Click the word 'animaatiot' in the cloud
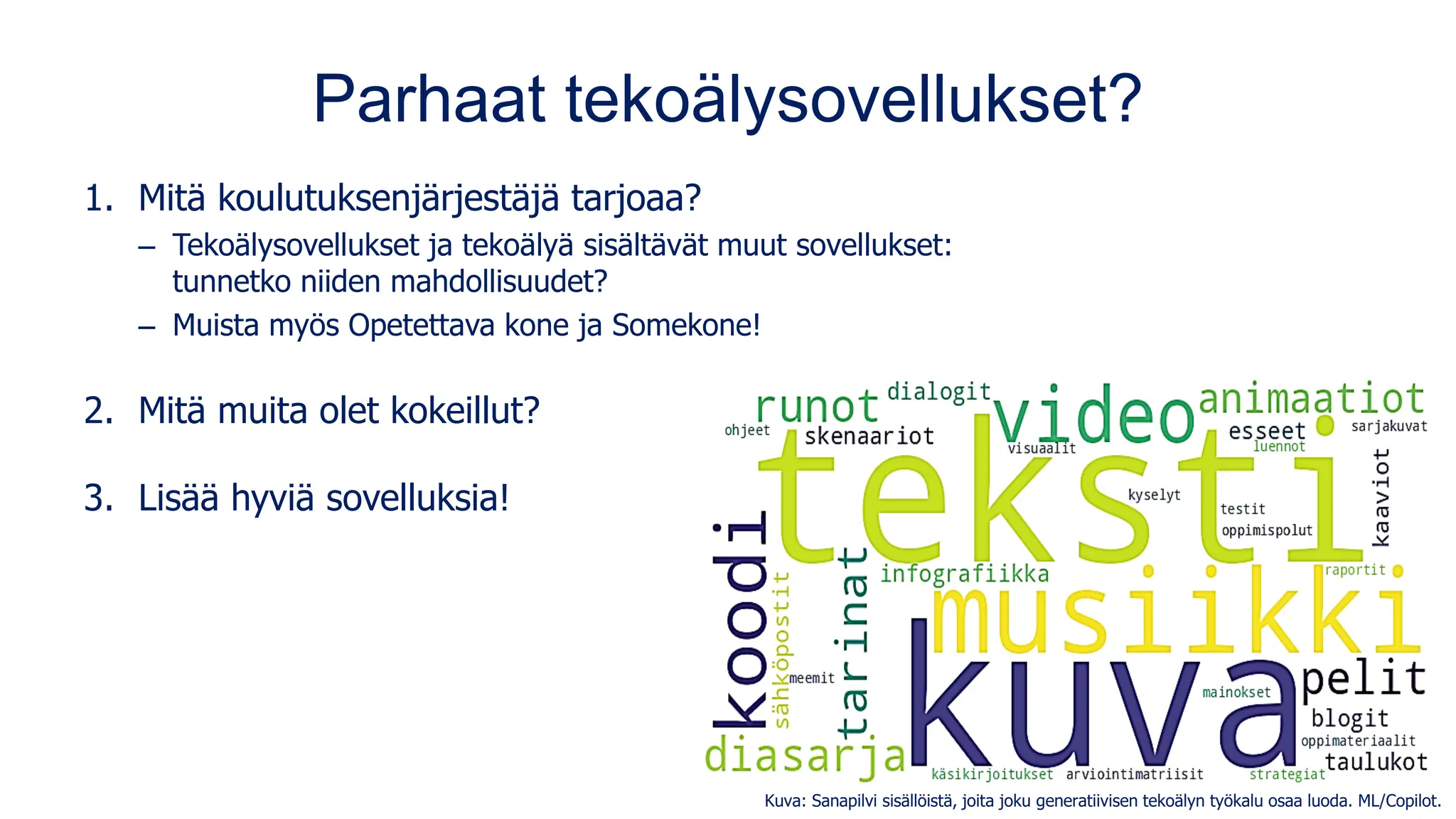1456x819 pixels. pyautogui.click(x=1312, y=399)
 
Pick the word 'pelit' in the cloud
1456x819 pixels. pyautogui.click(x=1364, y=679)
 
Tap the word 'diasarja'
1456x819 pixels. pyautogui.click(x=805, y=755)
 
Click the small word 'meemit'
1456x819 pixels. pyautogui.click(x=811, y=678)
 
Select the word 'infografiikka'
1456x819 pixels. pyautogui.click(x=965, y=574)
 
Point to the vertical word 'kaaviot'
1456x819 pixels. pyautogui.click(x=1381, y=497)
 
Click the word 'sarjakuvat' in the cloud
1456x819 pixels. pyautogui.click(x=1388, y=427)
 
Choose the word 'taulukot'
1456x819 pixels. pyautogui.click(x=1376, y=762)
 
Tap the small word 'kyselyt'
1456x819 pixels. pyautogui.click(x=1154, y=495)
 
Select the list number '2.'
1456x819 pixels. pyautogui.click(x=99, y=411)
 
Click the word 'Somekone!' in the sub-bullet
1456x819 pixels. pyautogui.click(x=686, y=326)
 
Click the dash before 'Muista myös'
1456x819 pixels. pyautogui.click(x=147, y=326)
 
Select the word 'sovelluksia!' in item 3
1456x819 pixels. pyautogui.click(x=417, y=498)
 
